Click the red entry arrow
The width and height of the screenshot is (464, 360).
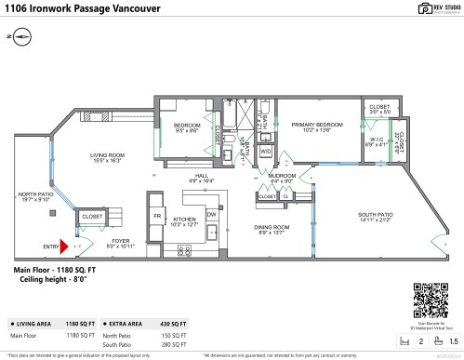(63, 247)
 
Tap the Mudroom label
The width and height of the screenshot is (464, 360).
(282, 174)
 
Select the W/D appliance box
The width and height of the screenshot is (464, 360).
(265, 150)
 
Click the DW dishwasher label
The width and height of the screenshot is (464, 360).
(211, 214)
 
